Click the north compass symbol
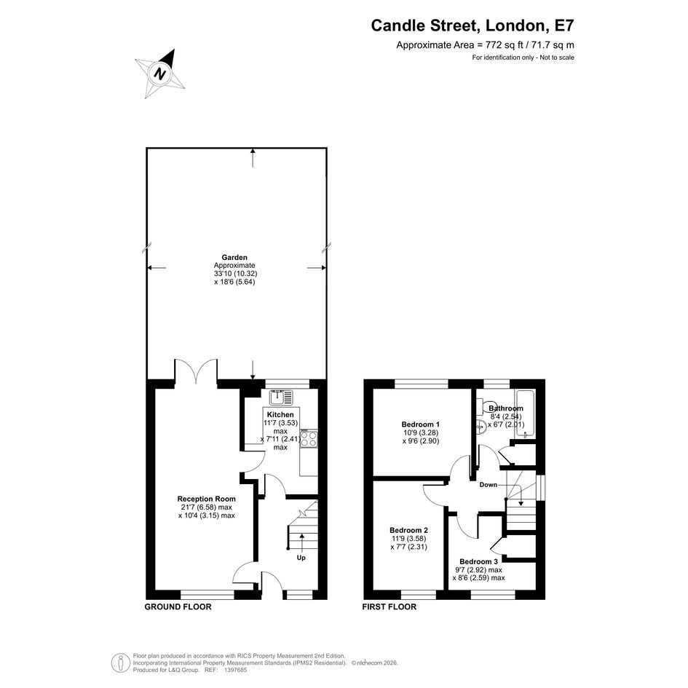[x=159, y=74]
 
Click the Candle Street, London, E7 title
[x=472, y=25]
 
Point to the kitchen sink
[x=281, y=397]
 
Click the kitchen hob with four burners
[x=309, y=439]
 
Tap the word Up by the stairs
[x=301, y=558]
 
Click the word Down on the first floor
[x=489, y=485]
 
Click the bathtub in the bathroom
[x=525, y=414]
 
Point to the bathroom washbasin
[x=481, y=427]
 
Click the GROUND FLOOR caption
[x=178, y=607]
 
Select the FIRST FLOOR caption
[x=390, y=607]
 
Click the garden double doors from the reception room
[x=196, y=373]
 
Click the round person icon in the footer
[x=120, y=663]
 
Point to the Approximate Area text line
[x=485, y=44]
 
